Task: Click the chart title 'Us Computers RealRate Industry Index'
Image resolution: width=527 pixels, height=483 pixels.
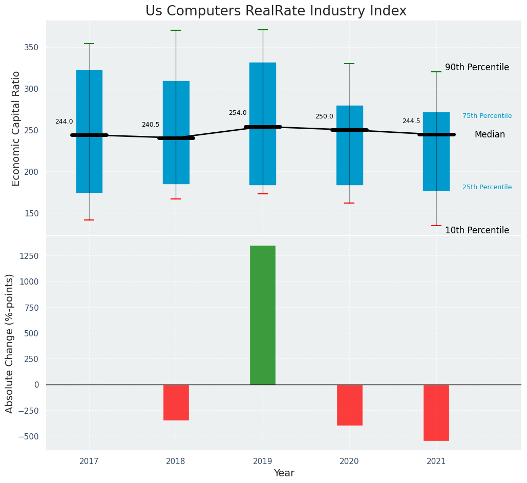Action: (x=276, y=11)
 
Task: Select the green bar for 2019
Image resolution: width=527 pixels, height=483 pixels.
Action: (x=263, y=315)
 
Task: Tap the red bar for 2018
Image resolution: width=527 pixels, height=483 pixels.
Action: (x=176, y=402)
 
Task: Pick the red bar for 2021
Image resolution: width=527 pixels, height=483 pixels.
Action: (x=436, y=413)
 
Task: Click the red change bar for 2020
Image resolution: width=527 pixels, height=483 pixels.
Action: (x=350, y=405)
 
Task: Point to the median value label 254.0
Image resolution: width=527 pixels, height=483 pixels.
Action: (x=238, y=113)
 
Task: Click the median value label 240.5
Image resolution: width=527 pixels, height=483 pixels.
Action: (x=151, y=125)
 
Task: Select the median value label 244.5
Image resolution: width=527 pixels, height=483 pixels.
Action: (x=411, y=121)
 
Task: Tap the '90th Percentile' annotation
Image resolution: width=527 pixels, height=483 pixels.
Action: (x=477, y=67)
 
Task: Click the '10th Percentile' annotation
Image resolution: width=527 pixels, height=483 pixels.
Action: (x=477, y=230)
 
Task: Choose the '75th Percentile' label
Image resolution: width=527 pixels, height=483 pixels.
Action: (x=487, y=116)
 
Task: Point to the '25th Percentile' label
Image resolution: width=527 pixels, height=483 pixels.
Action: (x=487, y=187)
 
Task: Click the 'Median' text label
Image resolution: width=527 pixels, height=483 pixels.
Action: (x=490, y=134)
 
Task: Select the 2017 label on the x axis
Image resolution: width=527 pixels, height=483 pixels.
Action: (x=89, y=461)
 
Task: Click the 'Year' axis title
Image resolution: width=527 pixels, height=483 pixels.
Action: (x=284, y=473)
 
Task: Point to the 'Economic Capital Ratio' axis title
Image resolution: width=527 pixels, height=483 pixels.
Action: (x=16, y=128)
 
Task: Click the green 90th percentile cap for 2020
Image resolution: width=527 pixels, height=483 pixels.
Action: (x=349, y=64)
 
